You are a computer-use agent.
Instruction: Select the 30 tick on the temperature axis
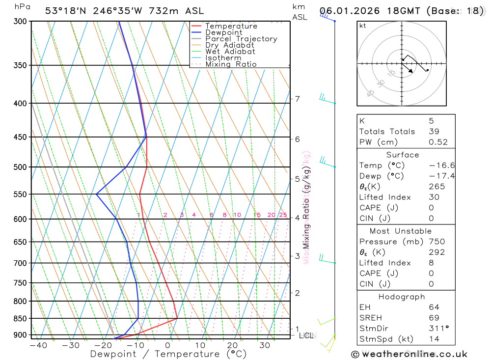(265, 345)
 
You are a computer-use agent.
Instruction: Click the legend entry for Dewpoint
(223, 32)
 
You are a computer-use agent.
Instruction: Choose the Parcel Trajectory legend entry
(241, 39)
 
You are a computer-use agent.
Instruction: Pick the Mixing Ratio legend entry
(231, 64)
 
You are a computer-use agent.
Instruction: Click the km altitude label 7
(297, 99)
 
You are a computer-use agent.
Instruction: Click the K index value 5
(431, 120)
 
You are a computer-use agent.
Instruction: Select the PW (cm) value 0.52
(438, 142)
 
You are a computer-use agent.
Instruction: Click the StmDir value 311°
(437, 328)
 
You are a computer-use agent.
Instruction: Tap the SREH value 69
(434, 318)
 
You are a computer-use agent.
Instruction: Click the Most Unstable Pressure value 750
(436, 242)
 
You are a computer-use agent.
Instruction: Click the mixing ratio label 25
(283, 215)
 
